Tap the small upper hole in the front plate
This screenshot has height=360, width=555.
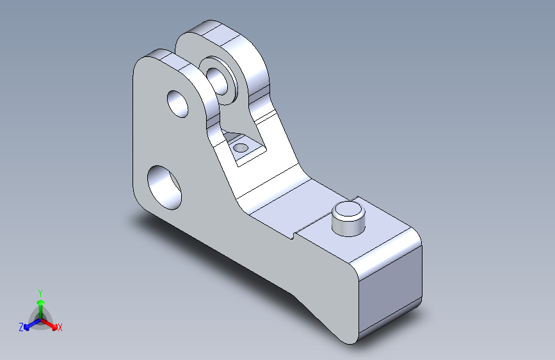(178, 103)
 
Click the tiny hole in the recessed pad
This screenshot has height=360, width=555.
(241, 148)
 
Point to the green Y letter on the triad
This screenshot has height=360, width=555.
(40, 291)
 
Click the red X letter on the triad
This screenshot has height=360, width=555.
(60, 328)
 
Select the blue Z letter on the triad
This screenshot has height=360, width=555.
(21, 327)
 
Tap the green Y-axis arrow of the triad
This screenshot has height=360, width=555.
(40, 304)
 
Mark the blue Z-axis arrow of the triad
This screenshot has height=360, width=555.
(29, 324)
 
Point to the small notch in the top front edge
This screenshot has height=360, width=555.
(293, 234)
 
